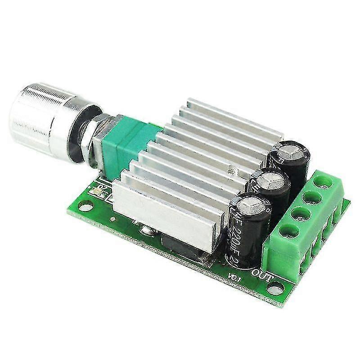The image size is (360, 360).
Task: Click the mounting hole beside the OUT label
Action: (275, 288)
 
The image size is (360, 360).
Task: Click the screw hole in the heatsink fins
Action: (232, 170)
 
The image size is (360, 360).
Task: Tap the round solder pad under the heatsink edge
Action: (146, 230)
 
